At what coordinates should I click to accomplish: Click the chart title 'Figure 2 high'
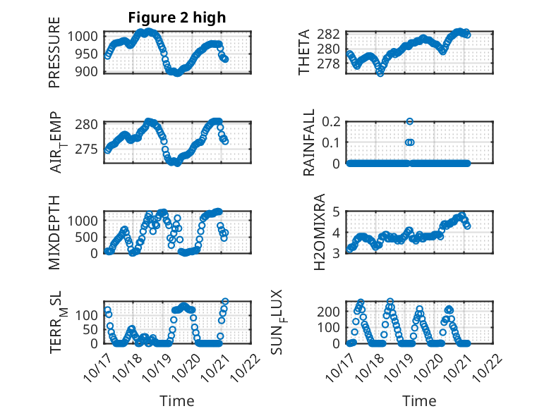tap(177, 18)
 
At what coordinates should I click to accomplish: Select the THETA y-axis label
tap(304, 54)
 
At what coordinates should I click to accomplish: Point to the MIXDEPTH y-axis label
tap(54, 233)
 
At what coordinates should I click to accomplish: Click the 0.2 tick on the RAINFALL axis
tap(332, 121)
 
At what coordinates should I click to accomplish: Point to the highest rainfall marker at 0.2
tap(409, 121)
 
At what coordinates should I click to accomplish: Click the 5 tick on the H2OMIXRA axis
tap(337, 211)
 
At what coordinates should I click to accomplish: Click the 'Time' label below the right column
tap(419, 400)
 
